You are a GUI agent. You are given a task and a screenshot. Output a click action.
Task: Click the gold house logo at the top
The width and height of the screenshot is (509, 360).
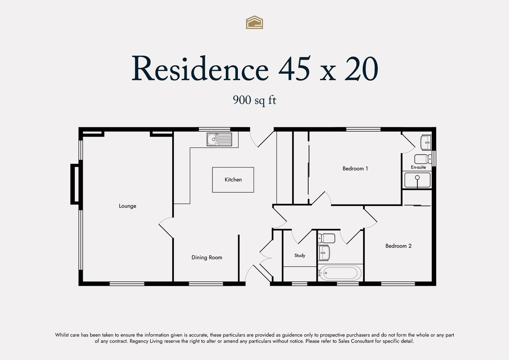coord(254,22)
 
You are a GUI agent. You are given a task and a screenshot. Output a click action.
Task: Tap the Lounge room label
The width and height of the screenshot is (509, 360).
coord(128,206)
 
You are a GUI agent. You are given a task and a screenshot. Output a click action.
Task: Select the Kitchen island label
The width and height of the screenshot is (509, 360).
coord(233,180)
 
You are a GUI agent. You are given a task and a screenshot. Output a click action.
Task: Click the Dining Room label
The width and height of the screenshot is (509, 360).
coord(207,257)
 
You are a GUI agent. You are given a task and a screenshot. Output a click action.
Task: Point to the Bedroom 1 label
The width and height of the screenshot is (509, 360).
coord(355,169)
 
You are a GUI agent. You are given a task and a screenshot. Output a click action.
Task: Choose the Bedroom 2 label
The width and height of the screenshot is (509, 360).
coord(398,246)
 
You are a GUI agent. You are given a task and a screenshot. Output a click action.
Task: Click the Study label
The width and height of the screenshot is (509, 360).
coord(300,255)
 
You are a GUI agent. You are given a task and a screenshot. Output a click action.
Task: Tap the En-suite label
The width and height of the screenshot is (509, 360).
coord(418,167)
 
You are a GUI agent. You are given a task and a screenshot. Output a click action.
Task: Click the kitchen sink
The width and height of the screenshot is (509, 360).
coord(219,139)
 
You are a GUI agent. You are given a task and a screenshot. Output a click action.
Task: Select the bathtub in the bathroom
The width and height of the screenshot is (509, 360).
coord(340,273)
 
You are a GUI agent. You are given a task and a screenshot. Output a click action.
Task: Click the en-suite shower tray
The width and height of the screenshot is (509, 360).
coord(418,180)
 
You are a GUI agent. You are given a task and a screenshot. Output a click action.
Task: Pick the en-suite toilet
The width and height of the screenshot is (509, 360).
coord(423,159)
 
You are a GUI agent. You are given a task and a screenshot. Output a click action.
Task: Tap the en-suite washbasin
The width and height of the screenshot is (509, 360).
coord(426,142)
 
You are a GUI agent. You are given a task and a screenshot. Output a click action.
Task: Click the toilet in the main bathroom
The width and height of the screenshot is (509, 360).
coord(326,238)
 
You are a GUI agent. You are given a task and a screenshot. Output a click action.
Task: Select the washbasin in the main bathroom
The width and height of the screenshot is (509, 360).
coord(324,253)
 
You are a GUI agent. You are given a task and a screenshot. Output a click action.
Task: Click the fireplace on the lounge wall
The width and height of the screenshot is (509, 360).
coord(75,184)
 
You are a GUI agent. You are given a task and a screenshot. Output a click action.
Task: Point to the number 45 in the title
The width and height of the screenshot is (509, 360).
coord(295,68)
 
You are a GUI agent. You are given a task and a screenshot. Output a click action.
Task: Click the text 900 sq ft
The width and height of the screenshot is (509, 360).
coord(254,100)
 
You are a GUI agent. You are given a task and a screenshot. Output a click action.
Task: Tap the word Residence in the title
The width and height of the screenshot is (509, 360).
coord(200,68)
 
